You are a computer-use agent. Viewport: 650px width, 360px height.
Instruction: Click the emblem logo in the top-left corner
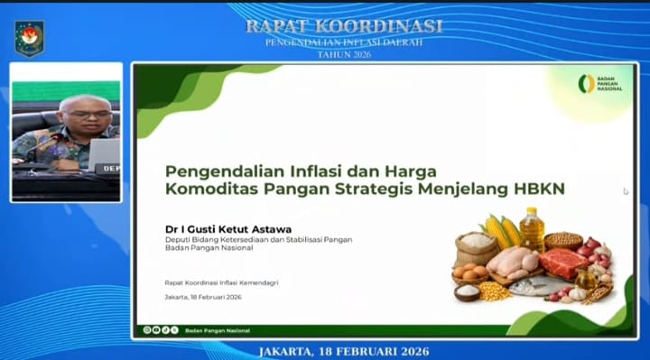(29, 37)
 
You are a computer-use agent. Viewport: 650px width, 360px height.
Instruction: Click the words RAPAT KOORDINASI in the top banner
(344, 26)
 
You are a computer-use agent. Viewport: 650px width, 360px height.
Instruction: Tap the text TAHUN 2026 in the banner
(344, 54)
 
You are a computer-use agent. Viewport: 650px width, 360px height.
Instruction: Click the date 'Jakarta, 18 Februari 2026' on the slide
(203, 297)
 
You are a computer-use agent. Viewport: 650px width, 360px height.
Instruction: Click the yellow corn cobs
(502, 230)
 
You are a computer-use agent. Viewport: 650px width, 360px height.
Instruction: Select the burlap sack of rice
(475, 245)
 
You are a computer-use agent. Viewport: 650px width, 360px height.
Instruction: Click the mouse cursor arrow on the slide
(626, 191)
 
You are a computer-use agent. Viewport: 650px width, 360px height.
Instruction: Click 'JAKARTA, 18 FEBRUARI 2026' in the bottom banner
(344, 350)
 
